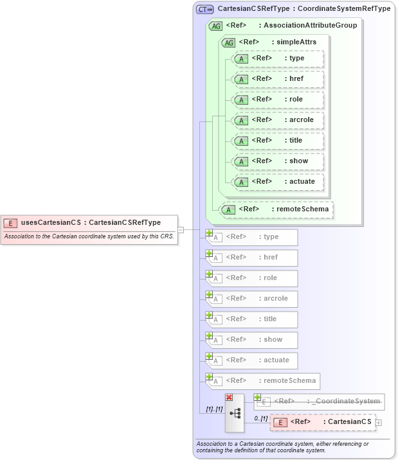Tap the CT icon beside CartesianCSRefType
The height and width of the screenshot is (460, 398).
(205, 9)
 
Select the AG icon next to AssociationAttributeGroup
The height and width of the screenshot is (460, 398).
(217, 26)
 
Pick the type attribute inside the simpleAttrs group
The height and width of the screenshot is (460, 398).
(278, 58)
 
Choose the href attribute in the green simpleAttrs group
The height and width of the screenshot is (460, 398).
(278, 79)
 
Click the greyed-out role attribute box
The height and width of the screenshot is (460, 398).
(251, 278)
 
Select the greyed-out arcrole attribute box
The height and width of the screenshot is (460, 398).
(251, 298)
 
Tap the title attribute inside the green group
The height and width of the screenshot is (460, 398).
(278, 141)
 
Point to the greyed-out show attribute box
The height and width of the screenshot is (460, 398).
(251, 339)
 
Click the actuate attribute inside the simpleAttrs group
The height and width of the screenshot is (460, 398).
(278, 182)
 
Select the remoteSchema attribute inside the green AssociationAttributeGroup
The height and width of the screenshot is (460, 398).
(278, 209)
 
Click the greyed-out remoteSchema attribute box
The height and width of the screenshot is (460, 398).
(263, 380)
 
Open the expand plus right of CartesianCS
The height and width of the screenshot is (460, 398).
(379, 423)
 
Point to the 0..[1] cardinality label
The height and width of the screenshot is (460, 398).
(260, 418)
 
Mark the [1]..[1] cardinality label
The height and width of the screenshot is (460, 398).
(214, 408)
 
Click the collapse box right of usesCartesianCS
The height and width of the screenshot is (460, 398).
(181, 229)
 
